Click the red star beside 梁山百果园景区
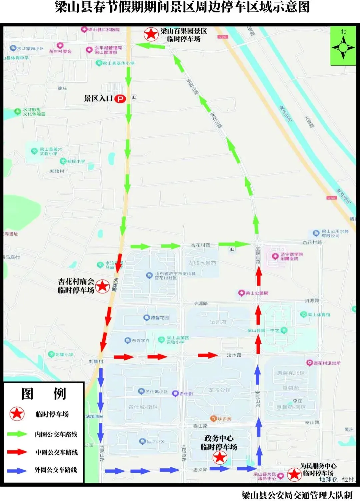[151, 34]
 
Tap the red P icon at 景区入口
[120, 99]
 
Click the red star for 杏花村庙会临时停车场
[102, 286]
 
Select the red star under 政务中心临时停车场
[220, 458]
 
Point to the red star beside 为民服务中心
[294, 474]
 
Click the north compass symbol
[343, 47]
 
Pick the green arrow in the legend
[17, 434]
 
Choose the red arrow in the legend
[17, 452]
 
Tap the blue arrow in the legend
[17, 470]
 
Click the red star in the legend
[17, 414]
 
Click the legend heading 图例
[43, 394]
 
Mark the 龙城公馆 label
[219, 390]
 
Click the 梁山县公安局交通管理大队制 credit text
[297, 495]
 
